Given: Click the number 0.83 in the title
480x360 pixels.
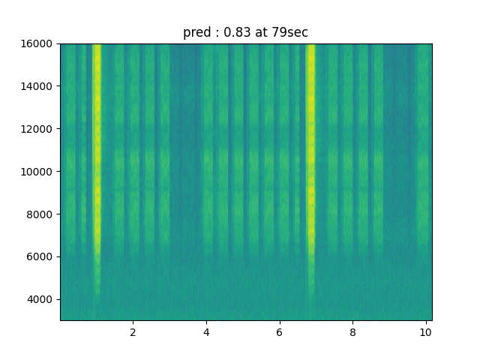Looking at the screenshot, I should (235, 33).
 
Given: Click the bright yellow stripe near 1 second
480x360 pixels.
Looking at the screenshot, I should (97, 150).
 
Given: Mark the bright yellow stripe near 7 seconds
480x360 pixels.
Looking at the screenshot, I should (310, 150).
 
